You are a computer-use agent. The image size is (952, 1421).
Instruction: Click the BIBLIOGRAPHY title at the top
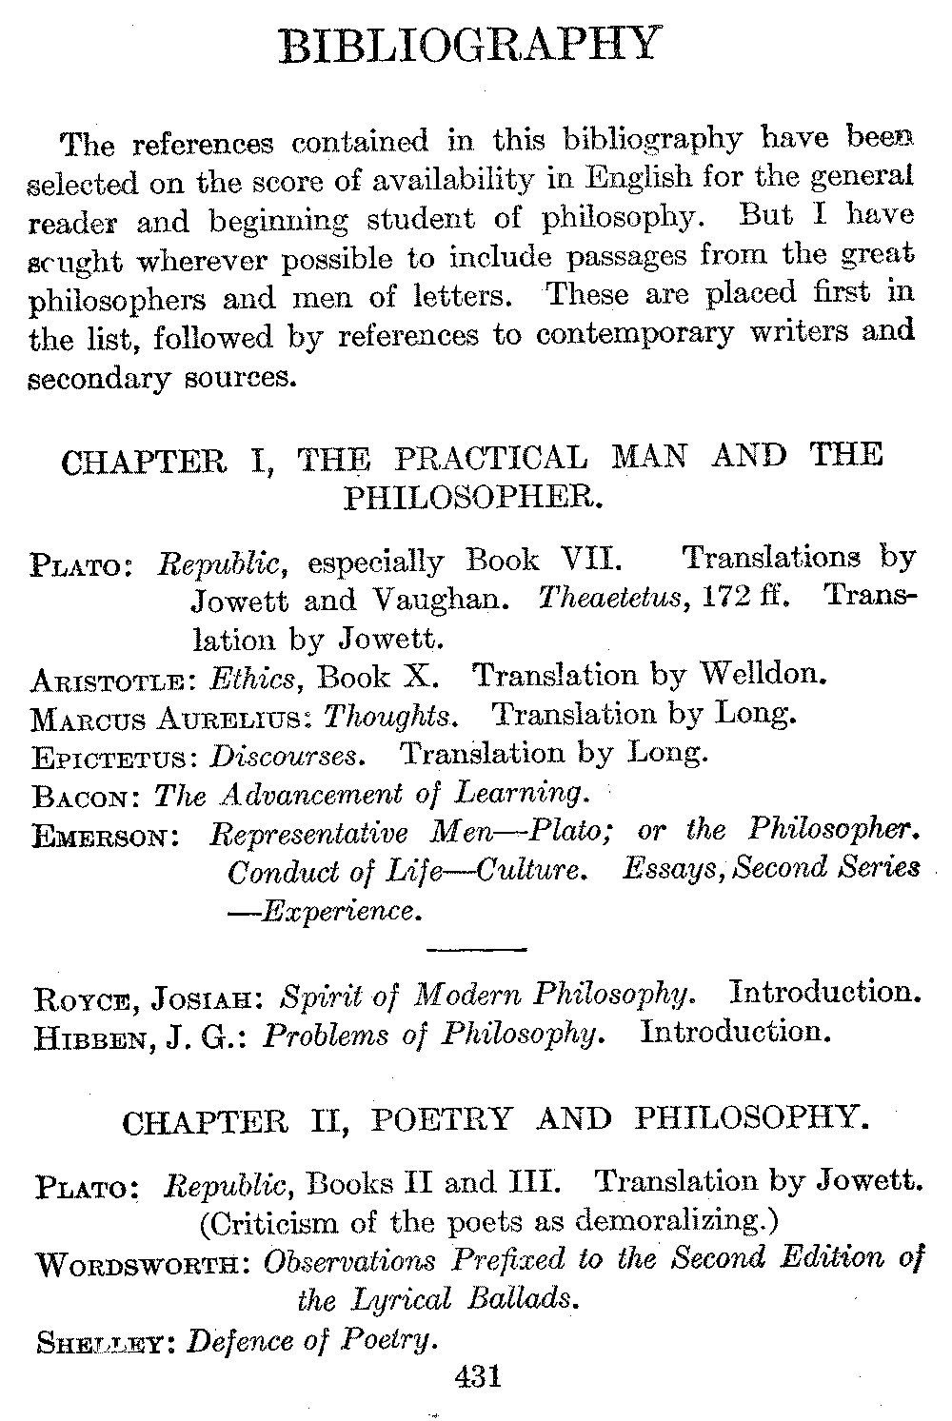(469, 45)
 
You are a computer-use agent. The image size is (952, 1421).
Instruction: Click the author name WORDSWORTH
(143, 1266)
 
